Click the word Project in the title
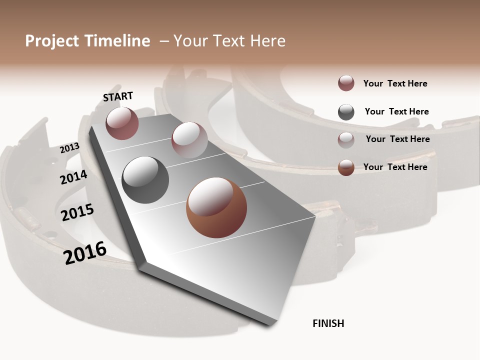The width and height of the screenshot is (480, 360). pyautogui.click(x=52, y=41)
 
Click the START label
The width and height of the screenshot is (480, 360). pyautogui.click(x=118, y=96)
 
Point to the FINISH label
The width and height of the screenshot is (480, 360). pyautogui.click(x=328, y=323)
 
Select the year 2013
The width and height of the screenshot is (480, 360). pyautogui.click(x=69, y=148)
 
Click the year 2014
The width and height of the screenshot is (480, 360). pyautogui.click(x=73, y=177)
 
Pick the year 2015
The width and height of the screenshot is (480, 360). pyautogui.click(x=77, y=212)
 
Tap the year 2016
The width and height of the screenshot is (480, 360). pyautogui.click(x=85, y=252)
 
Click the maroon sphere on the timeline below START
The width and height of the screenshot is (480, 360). pyautogui.click(x=122, y=123)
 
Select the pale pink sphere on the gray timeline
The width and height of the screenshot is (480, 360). pyautogui.click(x=189, y=140)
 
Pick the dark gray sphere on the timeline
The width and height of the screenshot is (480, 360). pyautogui.click(x=145, y=180)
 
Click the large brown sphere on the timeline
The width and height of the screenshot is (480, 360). pyautogui.click(x=216, y=207)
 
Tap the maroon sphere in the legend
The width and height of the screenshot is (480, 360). pyautogui.click(x=346, y=83)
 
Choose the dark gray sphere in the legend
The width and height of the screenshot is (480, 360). pyautogui.click(x=346, y=112)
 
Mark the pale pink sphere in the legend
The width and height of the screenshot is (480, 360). pyautogui.click(x=346, y=140)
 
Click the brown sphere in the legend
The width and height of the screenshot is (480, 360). pyautogui.click(x=346, y=167)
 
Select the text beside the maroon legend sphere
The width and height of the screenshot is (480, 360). pyautogui.click(x=395, y=83)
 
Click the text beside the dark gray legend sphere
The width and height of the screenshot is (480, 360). pyautogui.click(x=396, y=111)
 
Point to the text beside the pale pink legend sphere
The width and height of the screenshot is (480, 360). pyautogui.click(x=397, y=139)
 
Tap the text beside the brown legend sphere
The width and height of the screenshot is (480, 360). pyautogui.click(x=395, y=167)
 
